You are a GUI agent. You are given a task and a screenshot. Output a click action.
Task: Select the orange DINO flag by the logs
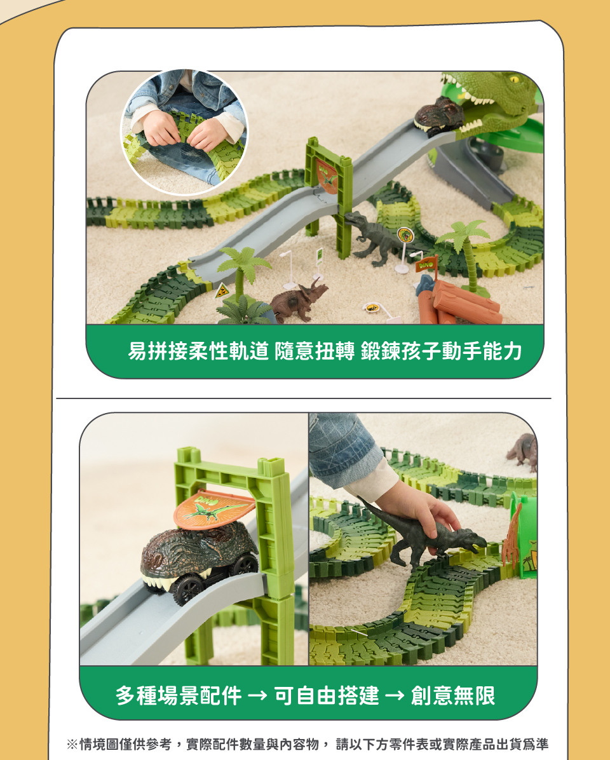tap(426, 265)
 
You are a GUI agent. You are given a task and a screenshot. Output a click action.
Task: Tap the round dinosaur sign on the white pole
tap(405, 235)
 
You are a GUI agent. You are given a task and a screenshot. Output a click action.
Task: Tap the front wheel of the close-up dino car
tap(187, 590)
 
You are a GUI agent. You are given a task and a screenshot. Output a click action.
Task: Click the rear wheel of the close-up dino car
tap(245, 564)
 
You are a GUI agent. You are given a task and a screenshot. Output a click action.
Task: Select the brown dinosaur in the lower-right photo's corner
tap(522, 452)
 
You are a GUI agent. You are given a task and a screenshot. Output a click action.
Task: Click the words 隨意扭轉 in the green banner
tap(315, 351)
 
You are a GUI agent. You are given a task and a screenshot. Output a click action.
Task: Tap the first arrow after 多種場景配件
tap(257, 696)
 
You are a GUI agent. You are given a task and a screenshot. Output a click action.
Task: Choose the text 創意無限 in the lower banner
tap(453, 696)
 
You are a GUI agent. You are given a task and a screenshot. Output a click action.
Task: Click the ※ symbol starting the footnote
tap(72, 743)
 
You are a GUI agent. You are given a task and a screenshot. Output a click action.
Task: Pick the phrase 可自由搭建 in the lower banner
tap(327, 696)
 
